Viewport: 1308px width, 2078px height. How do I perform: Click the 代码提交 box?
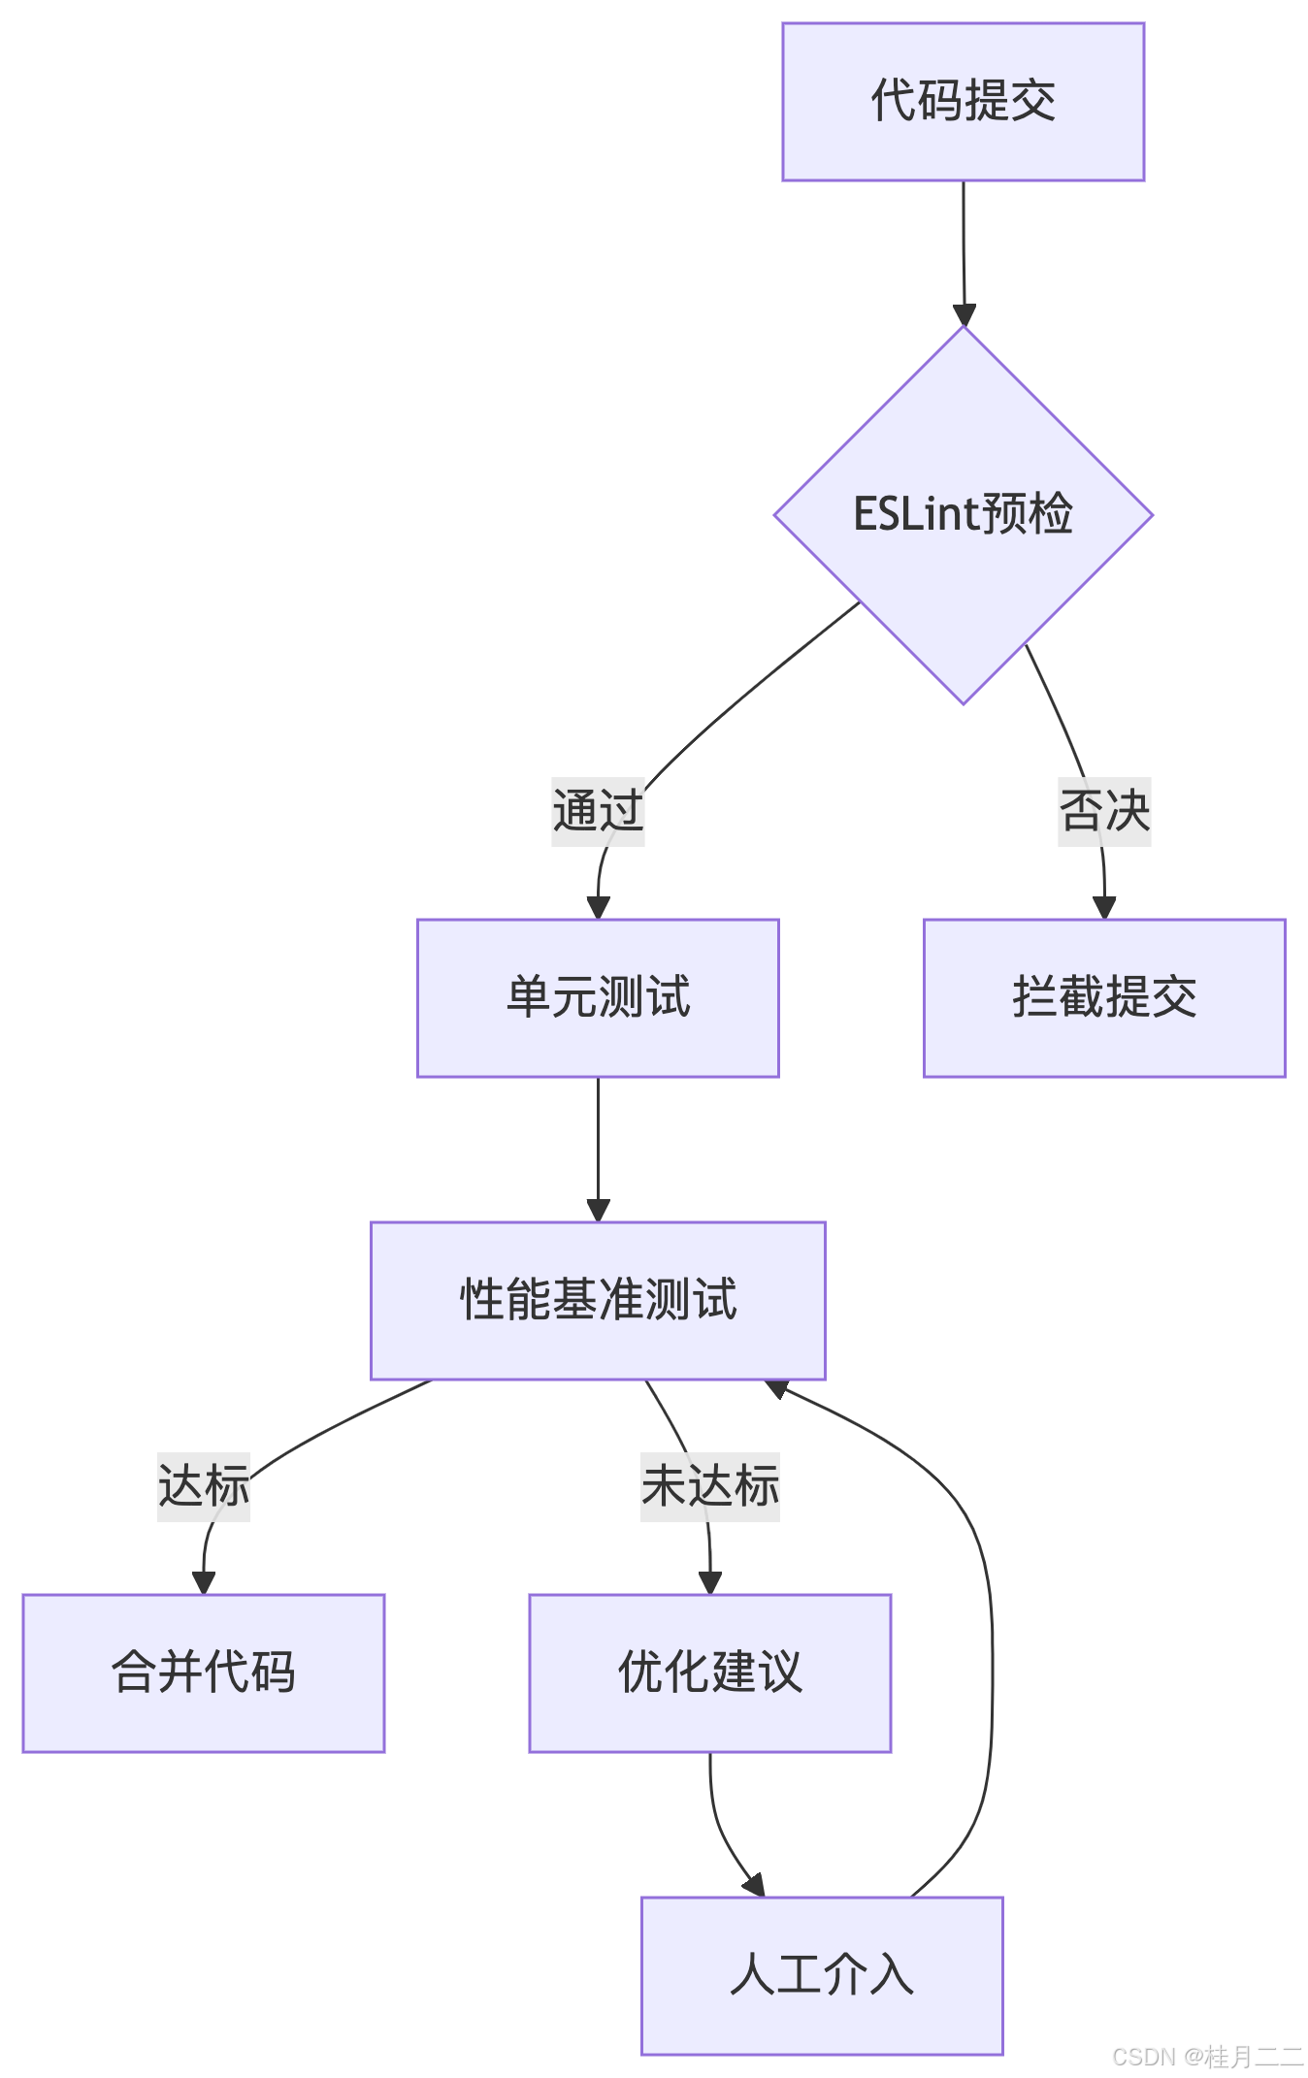pos(963,102)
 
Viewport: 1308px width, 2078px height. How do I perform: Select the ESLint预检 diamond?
pos(963,514)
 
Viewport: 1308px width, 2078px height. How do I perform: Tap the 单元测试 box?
pos(598,997)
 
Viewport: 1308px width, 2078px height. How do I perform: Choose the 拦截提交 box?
pos(1104,997)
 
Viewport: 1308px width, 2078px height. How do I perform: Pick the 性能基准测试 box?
pos(598,1300)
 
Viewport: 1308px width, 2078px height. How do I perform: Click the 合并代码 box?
pos(204,1672)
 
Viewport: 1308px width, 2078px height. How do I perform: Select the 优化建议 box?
pos(709,1672)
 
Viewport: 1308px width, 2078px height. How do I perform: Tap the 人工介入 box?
pos(822,1975)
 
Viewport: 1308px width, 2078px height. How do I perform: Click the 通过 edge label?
pos(598,811)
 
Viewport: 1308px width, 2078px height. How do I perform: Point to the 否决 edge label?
pos(1104,811)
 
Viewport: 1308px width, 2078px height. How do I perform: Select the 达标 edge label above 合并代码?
pos(204,1486)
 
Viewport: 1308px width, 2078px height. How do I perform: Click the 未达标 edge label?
pos(709,1486)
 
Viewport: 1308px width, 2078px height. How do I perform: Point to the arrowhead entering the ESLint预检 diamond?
pos(964,314)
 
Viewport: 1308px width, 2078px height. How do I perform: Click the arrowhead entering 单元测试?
pos(598,907)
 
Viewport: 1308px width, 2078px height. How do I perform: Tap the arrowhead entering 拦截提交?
pos(1104,907)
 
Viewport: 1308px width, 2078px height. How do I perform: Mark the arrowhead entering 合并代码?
pos(204,1581)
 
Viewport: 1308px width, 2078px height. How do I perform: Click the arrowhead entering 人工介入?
pos(755,1884)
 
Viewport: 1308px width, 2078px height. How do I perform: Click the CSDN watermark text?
pos(1205,2055)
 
